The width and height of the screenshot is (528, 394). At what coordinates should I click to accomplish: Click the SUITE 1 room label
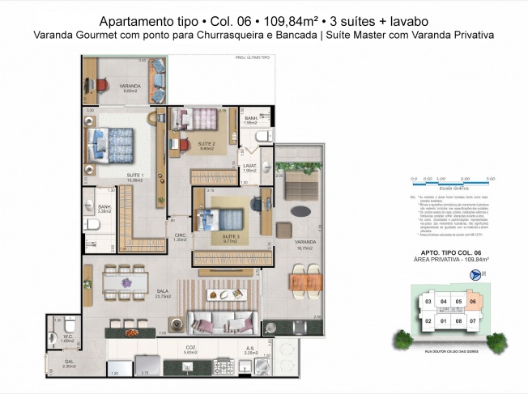135,176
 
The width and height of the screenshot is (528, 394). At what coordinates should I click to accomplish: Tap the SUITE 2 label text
206,144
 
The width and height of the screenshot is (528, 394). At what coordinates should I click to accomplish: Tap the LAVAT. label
250,166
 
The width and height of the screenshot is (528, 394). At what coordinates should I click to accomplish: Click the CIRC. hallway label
181,235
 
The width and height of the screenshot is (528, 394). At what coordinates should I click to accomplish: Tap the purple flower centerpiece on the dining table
128,282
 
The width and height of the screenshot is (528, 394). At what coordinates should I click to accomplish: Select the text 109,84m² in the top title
280,22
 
